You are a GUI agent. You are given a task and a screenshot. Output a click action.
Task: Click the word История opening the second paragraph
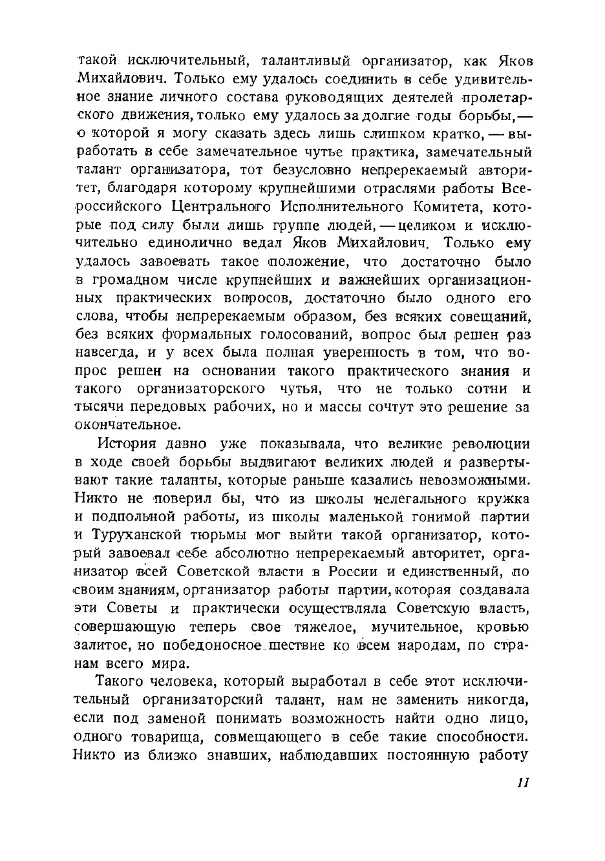(127, 444)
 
